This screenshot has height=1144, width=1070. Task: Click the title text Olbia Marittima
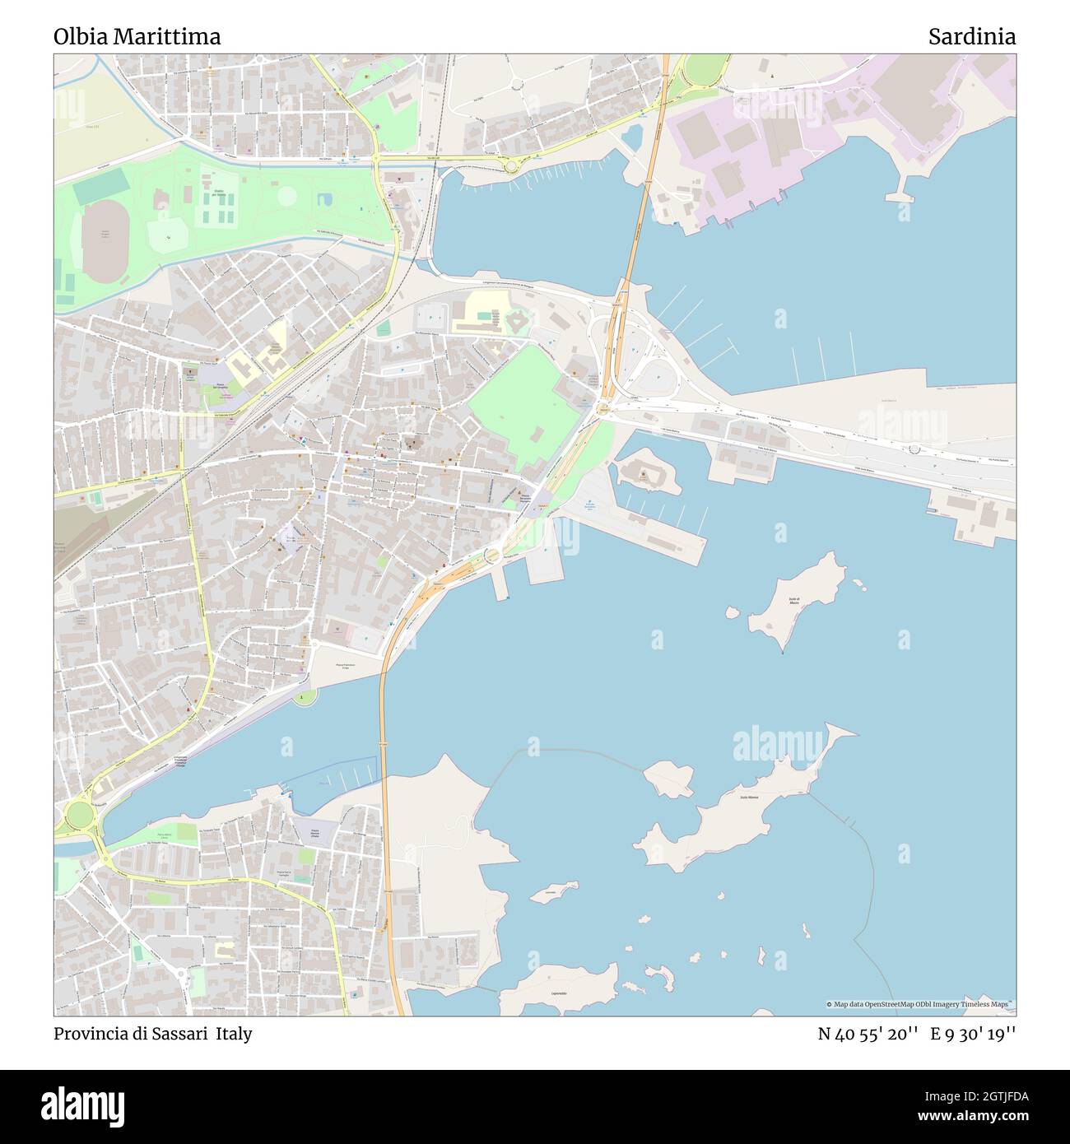[137, 37]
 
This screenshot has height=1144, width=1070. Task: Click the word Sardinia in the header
[971, 37]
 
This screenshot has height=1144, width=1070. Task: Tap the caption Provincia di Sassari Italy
[153, 1034]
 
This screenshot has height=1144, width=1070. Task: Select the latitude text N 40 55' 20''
[868, 1034]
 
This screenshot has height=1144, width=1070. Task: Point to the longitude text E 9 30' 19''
[973, 1034]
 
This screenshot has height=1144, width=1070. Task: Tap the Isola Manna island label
[749, 798]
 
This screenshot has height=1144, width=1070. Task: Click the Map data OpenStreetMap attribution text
[920, 1004]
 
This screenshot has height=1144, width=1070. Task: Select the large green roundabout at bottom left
[80, 815]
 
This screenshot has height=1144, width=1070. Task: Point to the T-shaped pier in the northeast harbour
[902, 195]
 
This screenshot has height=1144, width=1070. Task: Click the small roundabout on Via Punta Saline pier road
[914, 449]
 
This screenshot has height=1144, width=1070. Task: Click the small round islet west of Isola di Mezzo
[731, 612]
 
